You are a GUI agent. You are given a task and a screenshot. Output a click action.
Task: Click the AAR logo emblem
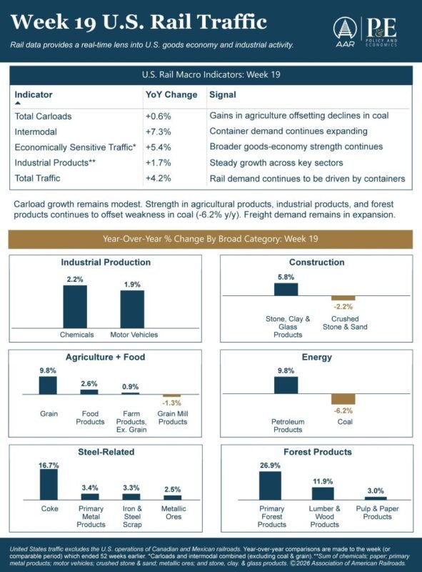pyautogui.click(x=344, y=29)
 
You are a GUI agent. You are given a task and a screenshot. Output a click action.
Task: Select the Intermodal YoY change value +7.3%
pyautogui.click(x=158, y=132)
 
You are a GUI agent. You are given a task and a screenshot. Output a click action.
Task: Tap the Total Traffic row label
pyautogui.click(x=38, y=178)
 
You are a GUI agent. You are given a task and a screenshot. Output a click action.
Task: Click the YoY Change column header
pyautogui.click(x=171, y=94)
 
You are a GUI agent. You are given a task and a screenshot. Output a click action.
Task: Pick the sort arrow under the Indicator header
pyautogui.click(x=17, y=103)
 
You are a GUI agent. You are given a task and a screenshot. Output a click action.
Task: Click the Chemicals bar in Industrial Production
pyautogui.click(x=75, y=307)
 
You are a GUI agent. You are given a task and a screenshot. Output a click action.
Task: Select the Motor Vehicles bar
pyautogui.click(x=132, y=309)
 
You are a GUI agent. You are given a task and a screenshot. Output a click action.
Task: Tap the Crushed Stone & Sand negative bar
pyautogui.click(x=343, y=297)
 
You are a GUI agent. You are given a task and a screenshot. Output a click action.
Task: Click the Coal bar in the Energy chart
pyautogui.click(x=343, y=399)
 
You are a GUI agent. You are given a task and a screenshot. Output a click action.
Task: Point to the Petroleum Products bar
pyautogui.click(x=286, y=385)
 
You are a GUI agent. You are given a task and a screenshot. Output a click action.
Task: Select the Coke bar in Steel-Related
pyautogui.click(x=49, y=485)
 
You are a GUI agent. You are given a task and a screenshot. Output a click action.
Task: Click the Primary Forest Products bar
pyautogui.click(x=270, y=485)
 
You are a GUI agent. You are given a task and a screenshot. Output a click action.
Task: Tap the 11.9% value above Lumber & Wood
pyautogui.click(x=323, y=481)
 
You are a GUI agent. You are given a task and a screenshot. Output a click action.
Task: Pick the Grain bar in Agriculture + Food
pyautogui.click(x=48, y=385)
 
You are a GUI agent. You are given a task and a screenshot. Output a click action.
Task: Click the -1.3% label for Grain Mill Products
pyautogui.click(x=171, y=403)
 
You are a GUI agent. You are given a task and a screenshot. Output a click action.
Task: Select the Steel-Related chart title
pyautogui.click(x=106, y=452)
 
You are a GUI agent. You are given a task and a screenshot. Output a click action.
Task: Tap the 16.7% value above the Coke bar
pyautogui.click(x=49, y=465)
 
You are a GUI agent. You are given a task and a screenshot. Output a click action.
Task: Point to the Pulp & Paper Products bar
pyautogui.click(x=376, y=498)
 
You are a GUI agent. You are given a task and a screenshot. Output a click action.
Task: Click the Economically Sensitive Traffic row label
pyautogui.click(x=75, y=147)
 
